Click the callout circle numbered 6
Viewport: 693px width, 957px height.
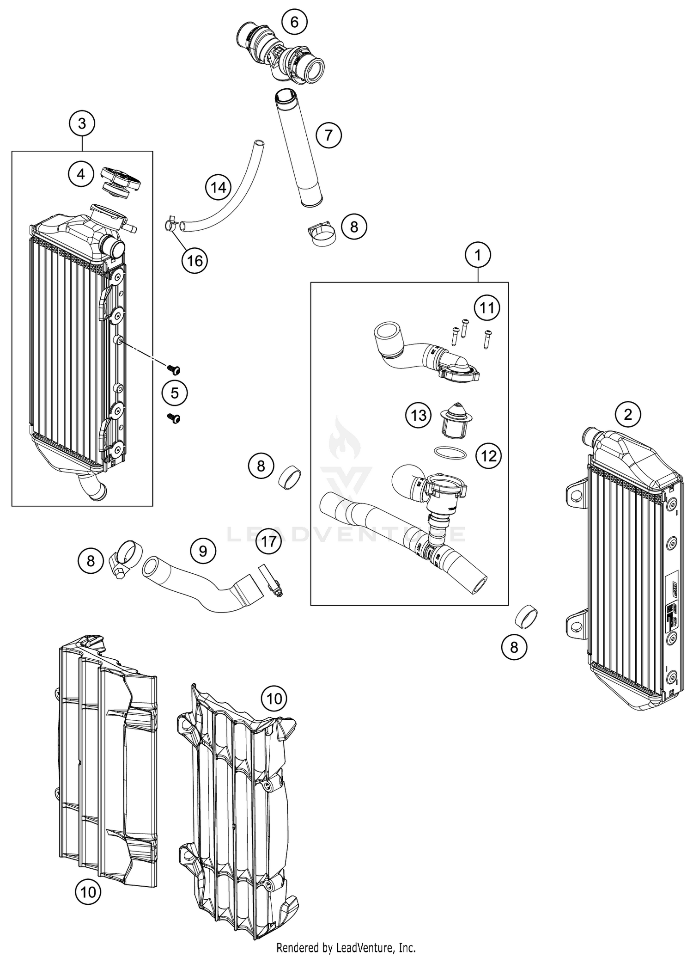(x=295, y=22)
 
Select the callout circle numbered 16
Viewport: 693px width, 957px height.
(x=195, y=261)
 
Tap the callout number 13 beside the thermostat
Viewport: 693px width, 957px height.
(x=419, y=415)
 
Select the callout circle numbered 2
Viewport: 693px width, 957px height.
(x=627, y=414)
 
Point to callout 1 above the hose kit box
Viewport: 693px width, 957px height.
(x=478, y=255)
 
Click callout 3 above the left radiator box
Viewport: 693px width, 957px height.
(x=82, y=123)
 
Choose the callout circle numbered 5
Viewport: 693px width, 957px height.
(x=175, y=393)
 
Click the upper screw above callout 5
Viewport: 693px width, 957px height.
(x=174, y=369)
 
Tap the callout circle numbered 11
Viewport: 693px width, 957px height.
(x=487, y=307)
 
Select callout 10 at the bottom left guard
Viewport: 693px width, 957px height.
(x=88, y=892)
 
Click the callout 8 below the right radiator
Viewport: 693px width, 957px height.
(x=514, y=647)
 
